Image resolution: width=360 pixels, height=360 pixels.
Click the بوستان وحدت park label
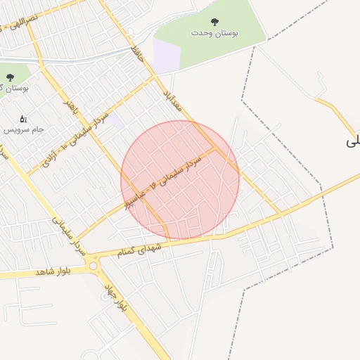pyautogui.click(x=214, y=33)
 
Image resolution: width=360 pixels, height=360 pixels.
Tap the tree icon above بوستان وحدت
pyautogui.click(x=214, y=22)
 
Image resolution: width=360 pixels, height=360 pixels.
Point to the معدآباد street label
pyautogui.click(x=173, y=99)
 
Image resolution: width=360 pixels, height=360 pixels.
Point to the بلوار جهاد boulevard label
pyautogui.click(x=115, y=298)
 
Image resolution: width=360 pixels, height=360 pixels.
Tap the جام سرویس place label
pyautogui.click(x=25, y=130)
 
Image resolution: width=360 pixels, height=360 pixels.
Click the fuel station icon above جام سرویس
pyautogui.click(x=23, y=119)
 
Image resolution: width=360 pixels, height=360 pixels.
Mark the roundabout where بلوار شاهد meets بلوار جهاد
pyautogui.click(x=93, y=266)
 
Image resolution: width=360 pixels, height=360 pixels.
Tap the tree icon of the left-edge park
pyautogui.click(x=9, y=77)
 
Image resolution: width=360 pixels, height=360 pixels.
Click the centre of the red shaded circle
pyautogui.click(x=180, y=180)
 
